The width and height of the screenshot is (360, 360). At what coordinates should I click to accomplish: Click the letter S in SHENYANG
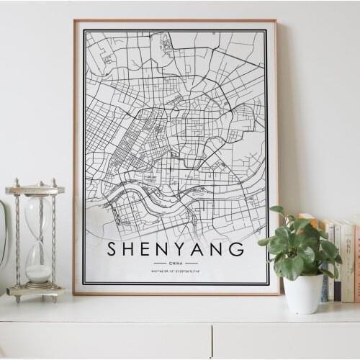(x=112, y=249)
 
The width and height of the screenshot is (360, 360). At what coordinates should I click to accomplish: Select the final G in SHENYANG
(x=236, y=249)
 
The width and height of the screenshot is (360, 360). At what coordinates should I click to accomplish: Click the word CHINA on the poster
(x=176, y=264)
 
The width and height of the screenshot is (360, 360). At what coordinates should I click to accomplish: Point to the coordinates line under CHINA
(x=176, y=271)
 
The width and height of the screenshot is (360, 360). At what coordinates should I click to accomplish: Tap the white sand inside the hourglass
(x=38, y=273)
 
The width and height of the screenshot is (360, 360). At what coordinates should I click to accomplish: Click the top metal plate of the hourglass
(x=35, y=189)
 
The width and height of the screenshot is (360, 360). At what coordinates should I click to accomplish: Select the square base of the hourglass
(x=35, y=291)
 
